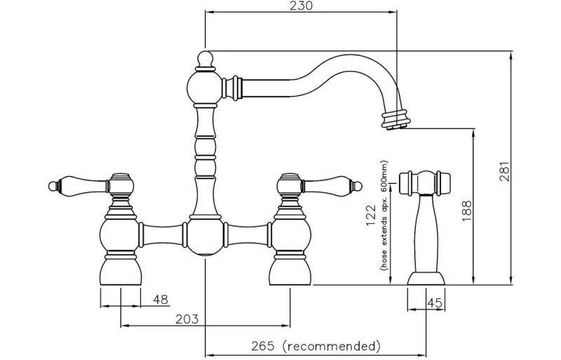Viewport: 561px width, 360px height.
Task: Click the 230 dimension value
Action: coord(301,6)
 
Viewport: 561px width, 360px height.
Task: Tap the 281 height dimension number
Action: coord(504,172)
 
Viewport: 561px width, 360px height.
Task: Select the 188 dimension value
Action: coord(467,211)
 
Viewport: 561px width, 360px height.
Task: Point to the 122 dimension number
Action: coord(371,215)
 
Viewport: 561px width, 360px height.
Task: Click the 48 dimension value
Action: coord(161,300)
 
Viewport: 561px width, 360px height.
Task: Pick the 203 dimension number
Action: coord(187,319)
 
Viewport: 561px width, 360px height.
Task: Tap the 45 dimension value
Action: coord(435,302)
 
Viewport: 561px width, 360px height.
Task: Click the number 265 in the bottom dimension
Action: coord(263,346)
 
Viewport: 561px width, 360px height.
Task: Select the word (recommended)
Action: coord(331,347)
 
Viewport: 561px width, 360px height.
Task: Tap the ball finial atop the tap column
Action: coord(205,58)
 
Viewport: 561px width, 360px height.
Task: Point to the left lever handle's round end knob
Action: coord(53,186)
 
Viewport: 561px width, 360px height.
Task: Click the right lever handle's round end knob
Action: coord(358,186)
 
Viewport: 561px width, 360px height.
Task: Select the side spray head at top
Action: coord(424,182)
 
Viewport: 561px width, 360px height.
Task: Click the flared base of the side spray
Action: coord(426,279)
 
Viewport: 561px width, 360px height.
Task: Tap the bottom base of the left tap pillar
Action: coord(121,272)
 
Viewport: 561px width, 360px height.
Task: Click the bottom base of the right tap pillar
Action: coord(290,272)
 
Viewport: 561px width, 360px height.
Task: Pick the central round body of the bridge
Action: coord(205,236)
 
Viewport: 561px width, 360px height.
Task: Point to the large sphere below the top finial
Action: coord(205,87)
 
